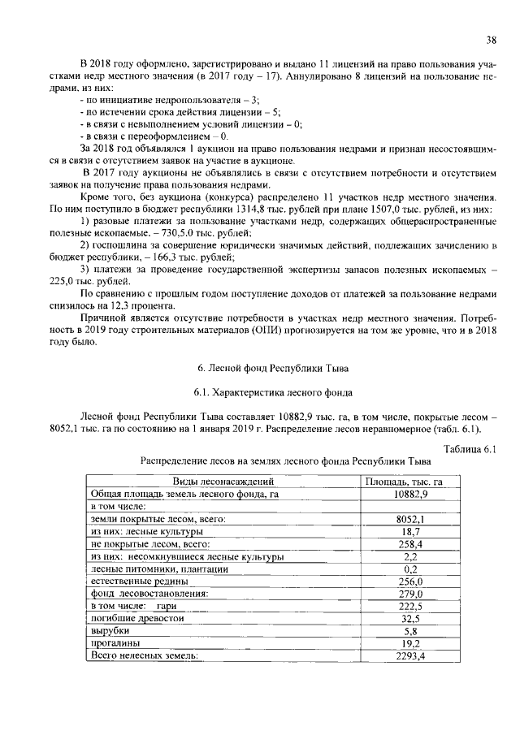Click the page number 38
[491, 39]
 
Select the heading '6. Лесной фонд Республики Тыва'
[262, 370]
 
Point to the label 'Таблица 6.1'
[469, 449]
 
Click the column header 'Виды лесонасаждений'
[221, 482]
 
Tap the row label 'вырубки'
[110, 631]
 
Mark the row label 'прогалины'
[114, 643]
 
